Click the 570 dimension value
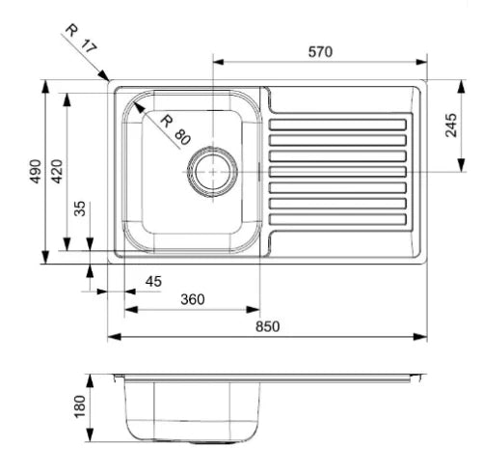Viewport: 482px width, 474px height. click(320, 52)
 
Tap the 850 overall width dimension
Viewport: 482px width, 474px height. click(268, 326)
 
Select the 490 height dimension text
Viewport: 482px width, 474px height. click(36, 171)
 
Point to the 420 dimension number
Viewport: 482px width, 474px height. click(57, 171)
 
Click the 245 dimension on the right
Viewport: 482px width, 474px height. click(451, 125)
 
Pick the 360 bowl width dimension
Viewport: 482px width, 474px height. click(193, 299)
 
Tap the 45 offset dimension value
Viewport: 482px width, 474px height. click(153, 282)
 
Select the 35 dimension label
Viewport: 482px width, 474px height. click(80, 209)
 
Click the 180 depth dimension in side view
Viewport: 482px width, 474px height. click(80, 406)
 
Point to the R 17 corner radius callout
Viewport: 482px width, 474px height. click(81, 39)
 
